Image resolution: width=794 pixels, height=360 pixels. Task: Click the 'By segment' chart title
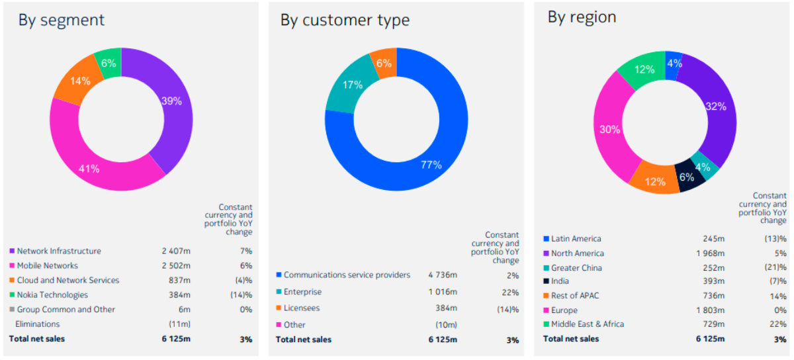(61, 20)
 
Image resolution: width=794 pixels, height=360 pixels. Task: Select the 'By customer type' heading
(345, 21)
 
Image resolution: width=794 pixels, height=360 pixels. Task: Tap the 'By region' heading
(582, 17)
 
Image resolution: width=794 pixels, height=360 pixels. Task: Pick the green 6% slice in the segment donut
(109, 63)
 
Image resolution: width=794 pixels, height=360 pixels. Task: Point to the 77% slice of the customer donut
(431, 165)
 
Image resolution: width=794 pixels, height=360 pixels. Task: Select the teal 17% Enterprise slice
(353, 85)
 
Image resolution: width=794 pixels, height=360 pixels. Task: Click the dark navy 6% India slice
(687, 177)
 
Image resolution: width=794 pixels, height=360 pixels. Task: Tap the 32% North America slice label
(715, 106)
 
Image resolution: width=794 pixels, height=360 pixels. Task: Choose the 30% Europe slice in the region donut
(609, 129)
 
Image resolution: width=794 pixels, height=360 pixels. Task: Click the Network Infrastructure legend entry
(59, 251)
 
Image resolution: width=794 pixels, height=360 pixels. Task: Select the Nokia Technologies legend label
(52, 295)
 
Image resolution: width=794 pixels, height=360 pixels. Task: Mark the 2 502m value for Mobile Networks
(175, 266)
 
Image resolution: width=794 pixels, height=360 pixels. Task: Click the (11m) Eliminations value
(179, 324)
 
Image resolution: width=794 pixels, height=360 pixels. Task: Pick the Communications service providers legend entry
(347, 275)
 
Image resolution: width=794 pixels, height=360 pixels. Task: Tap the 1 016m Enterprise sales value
(442, 292)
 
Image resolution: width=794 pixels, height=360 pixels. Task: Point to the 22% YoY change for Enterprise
(511, 292)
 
